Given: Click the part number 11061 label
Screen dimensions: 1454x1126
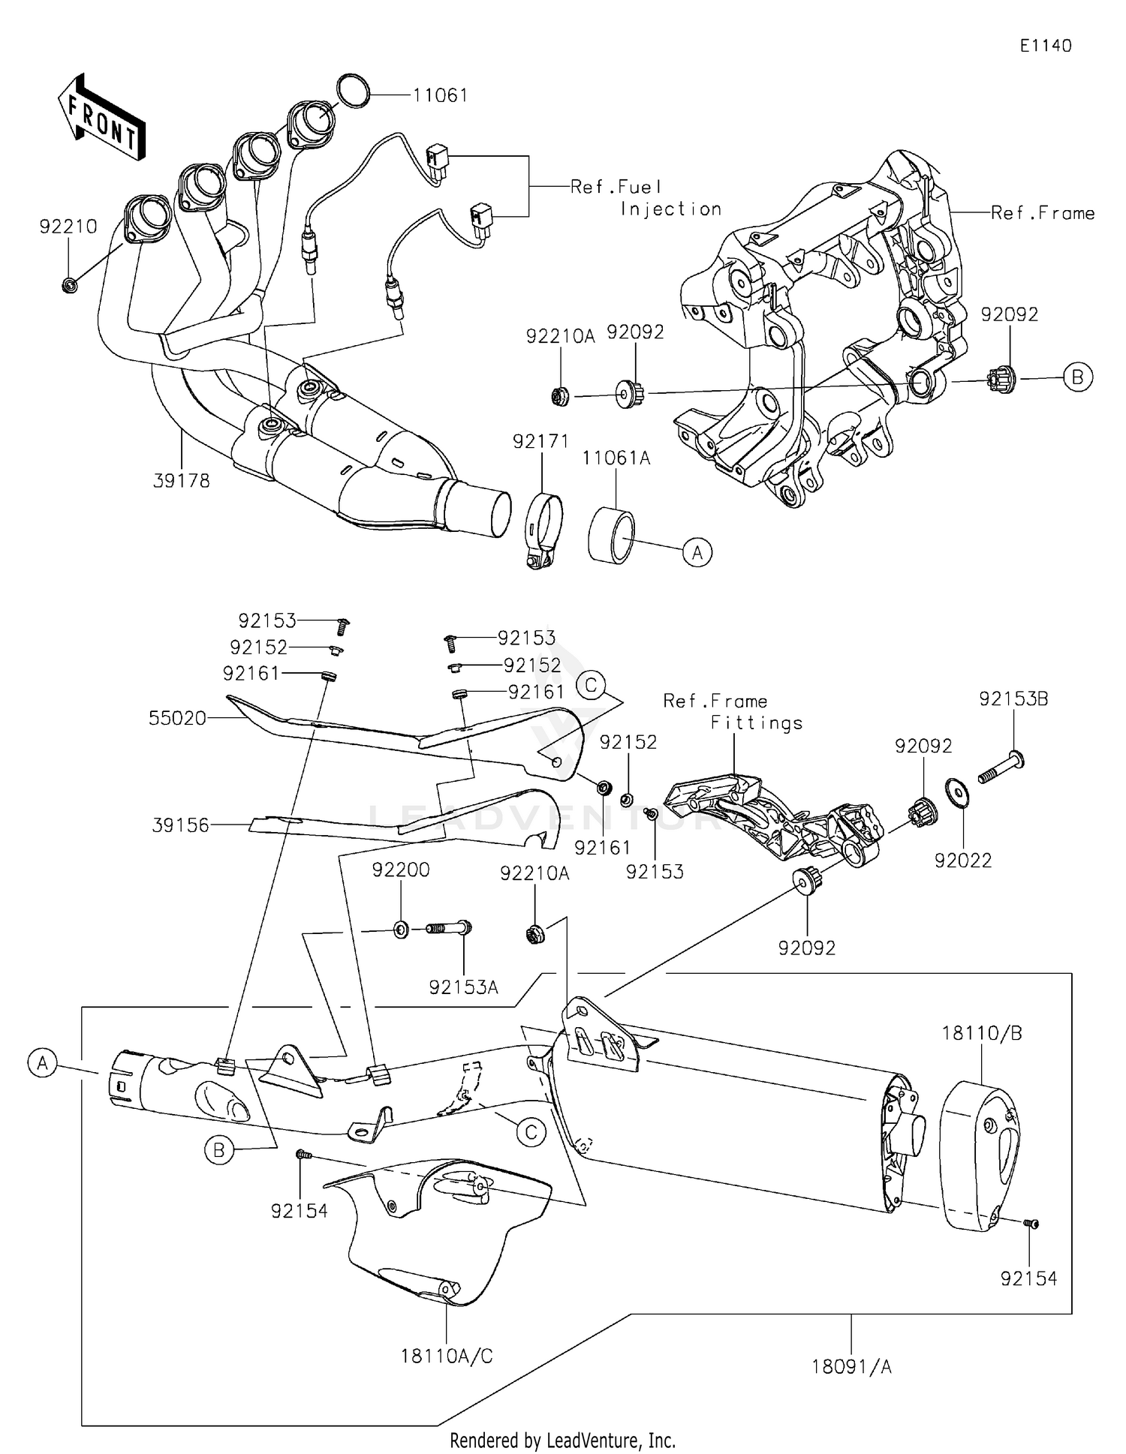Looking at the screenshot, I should (440, 95).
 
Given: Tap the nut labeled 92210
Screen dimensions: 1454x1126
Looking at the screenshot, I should (69, 284).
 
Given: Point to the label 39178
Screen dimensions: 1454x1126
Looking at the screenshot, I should (181, 481).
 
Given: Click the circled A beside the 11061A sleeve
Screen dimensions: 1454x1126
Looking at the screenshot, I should (697, 553).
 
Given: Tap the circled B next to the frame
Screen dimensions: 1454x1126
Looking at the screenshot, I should (1077, 377).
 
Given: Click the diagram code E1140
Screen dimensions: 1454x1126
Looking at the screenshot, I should (1045, 46).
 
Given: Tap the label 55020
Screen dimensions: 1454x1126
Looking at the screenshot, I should (177, 718).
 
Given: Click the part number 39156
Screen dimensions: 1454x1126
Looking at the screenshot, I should (180, 825).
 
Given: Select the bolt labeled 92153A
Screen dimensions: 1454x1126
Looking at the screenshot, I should (449, 929).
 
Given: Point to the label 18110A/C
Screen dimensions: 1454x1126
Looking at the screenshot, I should (447, 1356).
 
